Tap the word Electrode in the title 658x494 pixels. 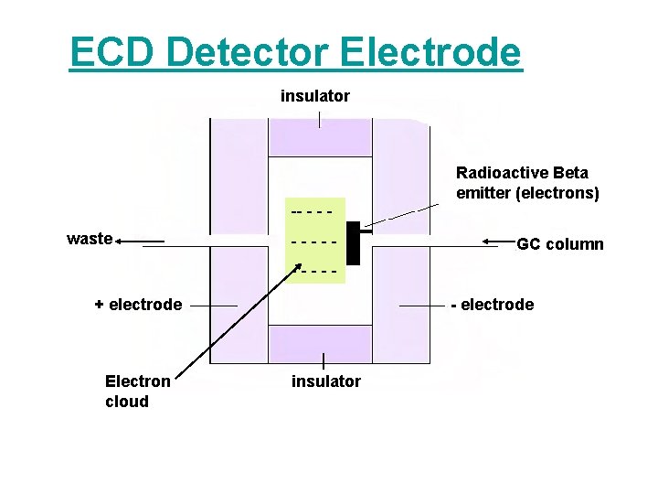click(x=431, y=53)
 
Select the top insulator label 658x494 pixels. click(x=315, y=95)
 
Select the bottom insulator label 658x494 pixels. click(x=326, y=381)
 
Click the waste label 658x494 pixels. click(x=90, y=240)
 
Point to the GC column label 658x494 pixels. click(x=560, y=244)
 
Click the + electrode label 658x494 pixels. click(x=138, y=305)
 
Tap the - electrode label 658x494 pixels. click(x=493, y=305)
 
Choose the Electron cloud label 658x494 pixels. click(x=137, y=392)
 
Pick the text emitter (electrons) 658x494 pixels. click(x=527, y=193)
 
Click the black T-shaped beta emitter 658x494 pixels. click(x=354, y=242)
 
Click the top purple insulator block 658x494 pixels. click(x=320, y=137)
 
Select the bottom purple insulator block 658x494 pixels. click(x=320, y=344)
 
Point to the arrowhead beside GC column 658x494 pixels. click(x=488, y=242)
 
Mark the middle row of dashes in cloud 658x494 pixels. click(x=313, y=242)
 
